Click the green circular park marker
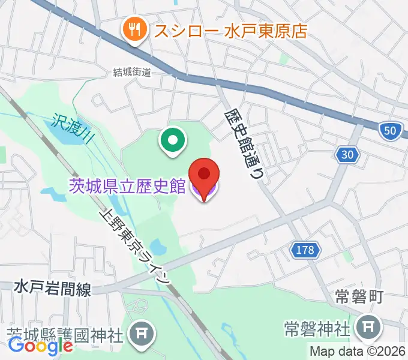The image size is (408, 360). click(x=172, y=142)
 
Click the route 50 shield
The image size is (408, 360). click(x=391, y=131)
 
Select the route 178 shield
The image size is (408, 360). click(x=305, y=250)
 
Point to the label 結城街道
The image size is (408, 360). click(x=132, y=72)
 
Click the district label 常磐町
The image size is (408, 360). click(x=358, y=297)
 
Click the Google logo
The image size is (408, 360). click(x=40, y=346)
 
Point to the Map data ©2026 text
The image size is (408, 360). click(x=358, y=352)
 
